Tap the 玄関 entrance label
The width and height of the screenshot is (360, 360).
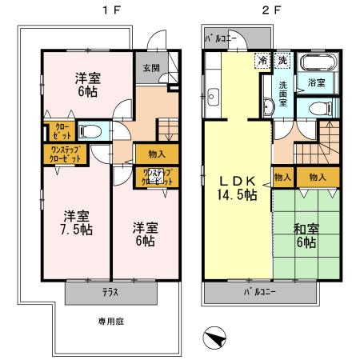click(x=151, y=67)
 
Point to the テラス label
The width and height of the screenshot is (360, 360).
click(x=110, y=293)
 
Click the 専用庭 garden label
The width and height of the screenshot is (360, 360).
click(x=110, y=322)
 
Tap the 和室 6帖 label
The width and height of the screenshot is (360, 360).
click(x=307, y=237)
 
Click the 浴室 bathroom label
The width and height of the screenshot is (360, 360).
click(x=317, y=82)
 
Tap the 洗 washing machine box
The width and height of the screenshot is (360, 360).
click(x=282, y=60)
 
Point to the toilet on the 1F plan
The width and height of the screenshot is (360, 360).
click(x=90, y=131)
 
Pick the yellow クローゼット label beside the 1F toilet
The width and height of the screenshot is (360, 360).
click(x=61, y=131)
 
